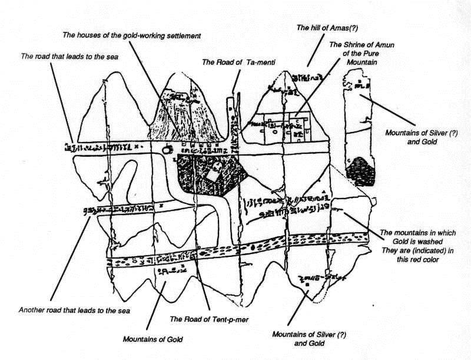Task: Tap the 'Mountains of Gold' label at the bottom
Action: [153, 339]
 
